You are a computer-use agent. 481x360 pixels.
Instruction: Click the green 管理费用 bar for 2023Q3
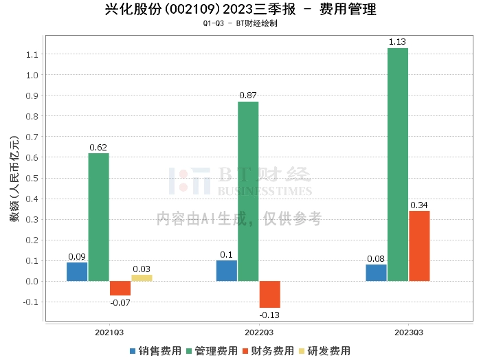(397, 165)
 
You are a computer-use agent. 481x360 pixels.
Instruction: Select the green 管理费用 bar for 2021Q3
(98, 217)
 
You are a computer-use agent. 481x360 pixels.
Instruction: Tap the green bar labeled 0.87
(248, 191)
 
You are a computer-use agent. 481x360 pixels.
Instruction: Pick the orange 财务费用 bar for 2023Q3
(419, 246)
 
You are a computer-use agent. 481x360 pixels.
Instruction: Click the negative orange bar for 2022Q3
(269, 294)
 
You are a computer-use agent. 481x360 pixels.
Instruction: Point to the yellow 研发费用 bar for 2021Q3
(142, 278)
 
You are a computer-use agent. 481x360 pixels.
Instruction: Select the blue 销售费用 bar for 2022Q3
(226, 271)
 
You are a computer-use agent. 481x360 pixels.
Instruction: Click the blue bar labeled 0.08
(376, 273)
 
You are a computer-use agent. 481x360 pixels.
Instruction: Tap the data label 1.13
(397, 43)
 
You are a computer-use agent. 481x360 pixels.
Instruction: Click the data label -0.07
(120, 302)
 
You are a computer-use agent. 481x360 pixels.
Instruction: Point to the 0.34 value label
(419, 205)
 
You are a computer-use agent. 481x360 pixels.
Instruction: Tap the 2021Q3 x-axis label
(109, 333)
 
